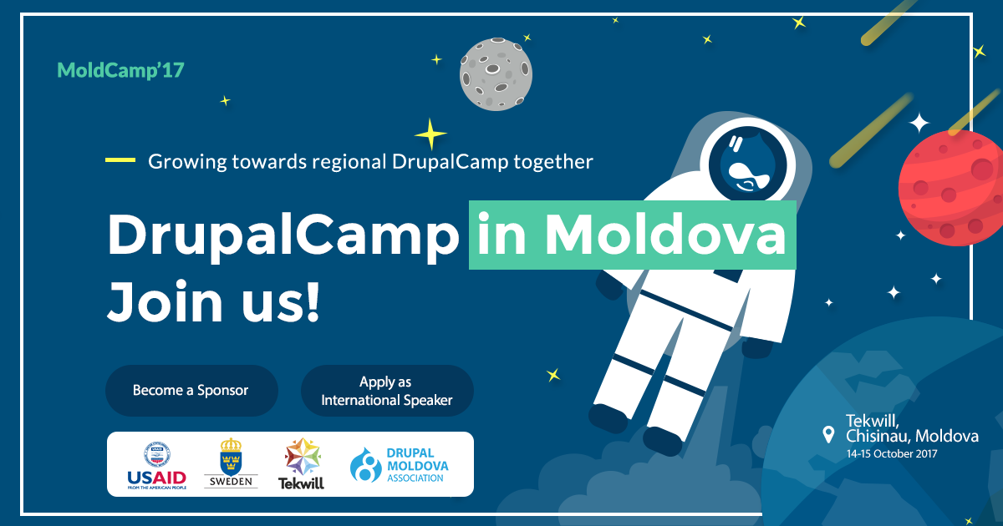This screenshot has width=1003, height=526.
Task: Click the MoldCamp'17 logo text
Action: click(120, 70)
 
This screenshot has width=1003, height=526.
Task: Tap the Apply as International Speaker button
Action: click(387, 391)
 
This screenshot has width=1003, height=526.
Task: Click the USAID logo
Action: click(156, 464)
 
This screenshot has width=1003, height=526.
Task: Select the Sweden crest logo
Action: click(231, 463)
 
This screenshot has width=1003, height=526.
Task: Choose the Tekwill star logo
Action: click(301, 463)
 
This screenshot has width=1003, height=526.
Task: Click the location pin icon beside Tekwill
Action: click(828, 434)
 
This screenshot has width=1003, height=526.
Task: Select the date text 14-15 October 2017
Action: click(891, 454)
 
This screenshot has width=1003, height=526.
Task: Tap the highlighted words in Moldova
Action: click(631, 235)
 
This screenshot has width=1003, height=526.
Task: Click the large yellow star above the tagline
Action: click(430, 134)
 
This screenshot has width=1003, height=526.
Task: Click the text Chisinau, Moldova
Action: click(911, 436)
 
